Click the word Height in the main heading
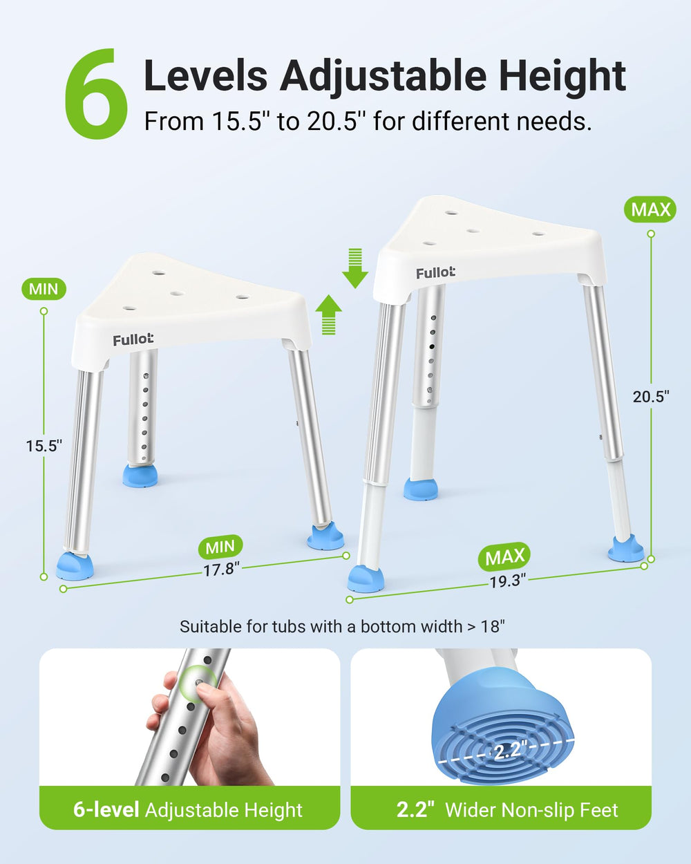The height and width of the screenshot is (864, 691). click(x=558, y=75)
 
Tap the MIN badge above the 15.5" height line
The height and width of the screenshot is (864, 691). click(x=44, y=289)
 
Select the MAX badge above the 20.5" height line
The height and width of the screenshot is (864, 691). click(x=650, y=209)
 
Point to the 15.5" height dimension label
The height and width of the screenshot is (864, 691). click(x=44, y=446)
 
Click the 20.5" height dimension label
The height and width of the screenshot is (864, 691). click(x=651, y=397)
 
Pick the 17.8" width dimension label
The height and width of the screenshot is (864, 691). click(x=221, y=569)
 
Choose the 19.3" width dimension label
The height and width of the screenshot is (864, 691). click(x=507, y=581)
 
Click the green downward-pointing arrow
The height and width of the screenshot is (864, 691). click(x=355, y=268)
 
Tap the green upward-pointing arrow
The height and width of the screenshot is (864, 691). click(x=328, y=314)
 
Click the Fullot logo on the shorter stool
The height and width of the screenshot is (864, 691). click(x=133, y=339)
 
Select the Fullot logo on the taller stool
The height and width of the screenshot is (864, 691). click(x=435, y=273)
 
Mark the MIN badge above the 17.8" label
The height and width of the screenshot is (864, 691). click(x=220, y=547)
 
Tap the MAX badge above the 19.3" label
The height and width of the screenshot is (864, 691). click(x=504, y=556)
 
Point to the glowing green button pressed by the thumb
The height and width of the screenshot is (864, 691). click(x=198, y=683)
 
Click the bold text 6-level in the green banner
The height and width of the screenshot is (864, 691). click(x=106, y=809)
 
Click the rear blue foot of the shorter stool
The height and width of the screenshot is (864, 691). click(x=140, y=476)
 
